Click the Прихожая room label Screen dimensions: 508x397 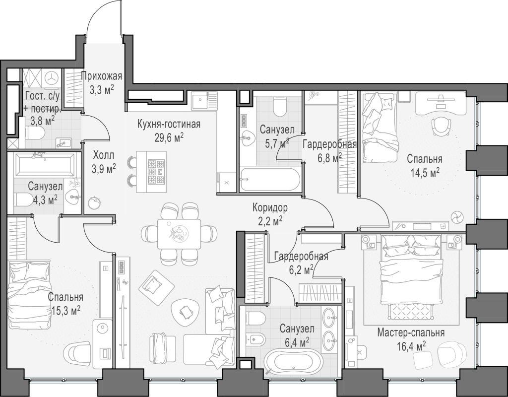point(101,76)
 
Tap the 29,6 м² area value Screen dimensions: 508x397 point(169,138)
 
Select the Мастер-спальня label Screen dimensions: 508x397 point(411,332)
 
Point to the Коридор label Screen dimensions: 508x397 point(270,207)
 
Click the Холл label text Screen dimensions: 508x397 point(104,155)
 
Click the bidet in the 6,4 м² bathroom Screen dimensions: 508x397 point(255,339)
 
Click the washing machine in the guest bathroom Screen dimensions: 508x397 point(51,78)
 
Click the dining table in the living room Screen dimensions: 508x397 point(179,234)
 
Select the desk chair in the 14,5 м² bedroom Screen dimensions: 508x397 point(441,126)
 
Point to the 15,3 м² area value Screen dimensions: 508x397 point(66,311)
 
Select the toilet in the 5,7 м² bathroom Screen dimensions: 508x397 point(279,107)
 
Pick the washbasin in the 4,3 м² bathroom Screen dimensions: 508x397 point(72,196)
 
